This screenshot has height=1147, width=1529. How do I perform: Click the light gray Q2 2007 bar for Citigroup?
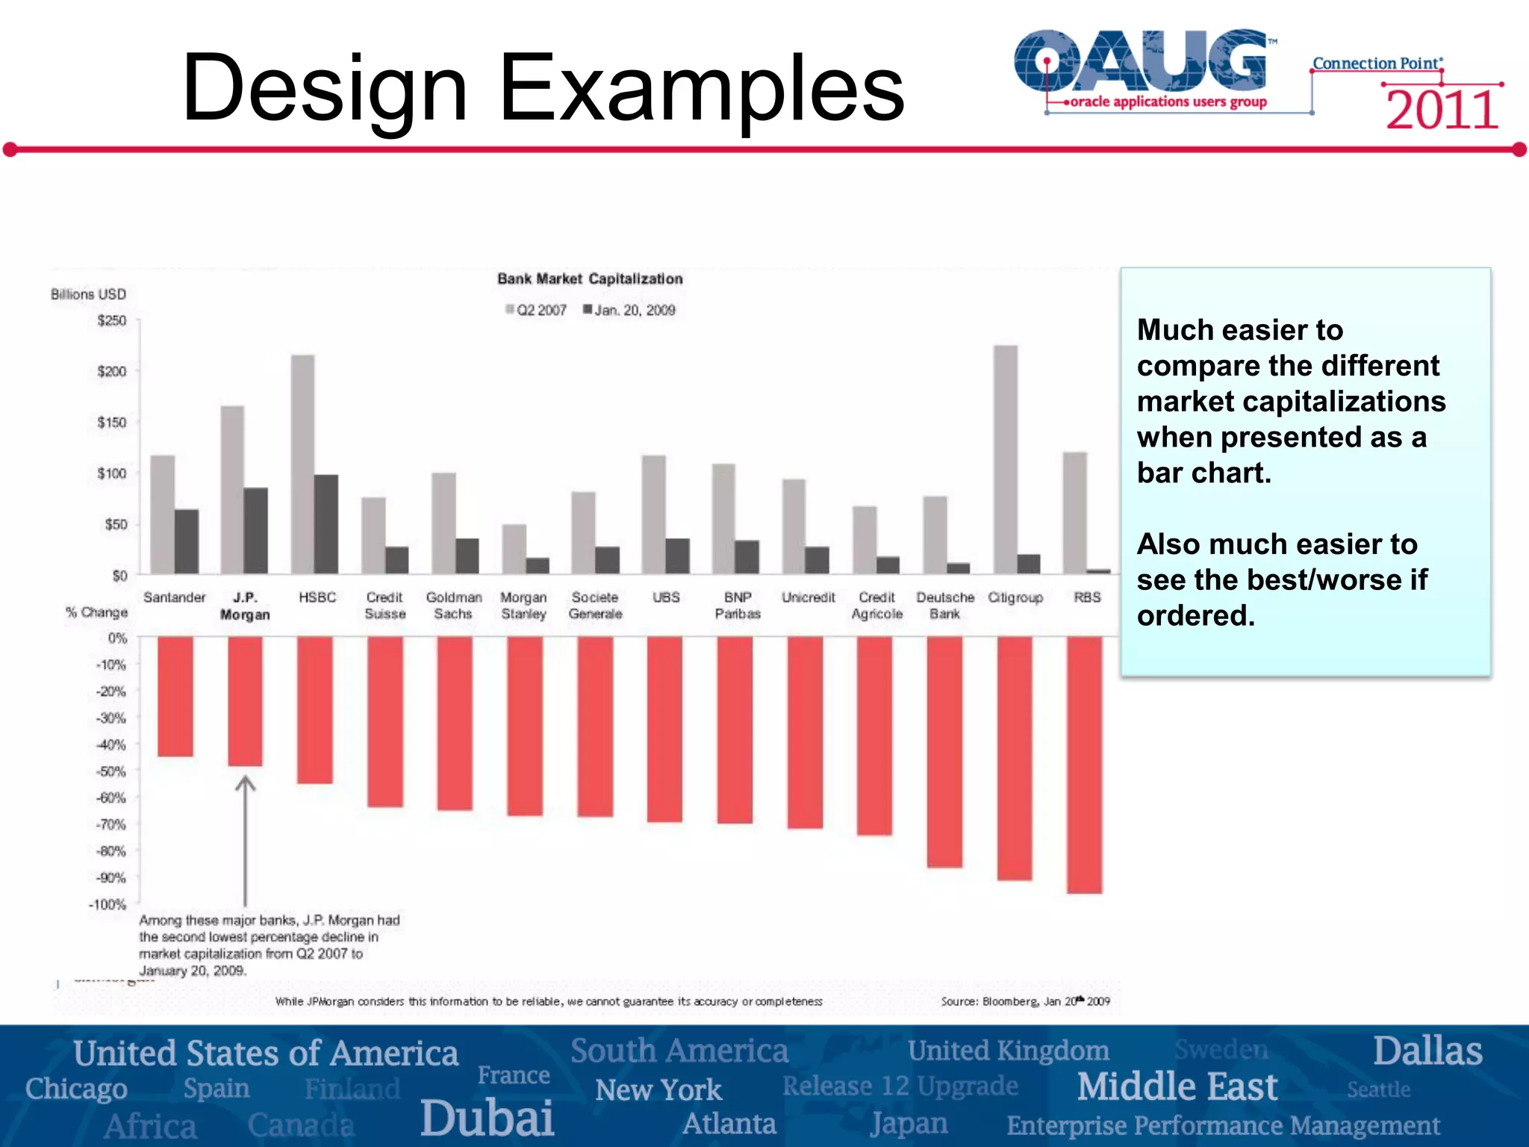1005,459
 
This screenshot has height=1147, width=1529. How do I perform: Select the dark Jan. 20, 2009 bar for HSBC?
326,524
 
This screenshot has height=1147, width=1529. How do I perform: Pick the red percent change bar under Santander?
175,696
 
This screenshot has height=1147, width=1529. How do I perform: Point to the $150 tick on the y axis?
112,423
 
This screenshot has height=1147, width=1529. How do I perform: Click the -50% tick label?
110,771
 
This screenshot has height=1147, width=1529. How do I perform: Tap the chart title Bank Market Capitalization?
590,279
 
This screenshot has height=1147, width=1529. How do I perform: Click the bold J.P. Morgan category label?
245,606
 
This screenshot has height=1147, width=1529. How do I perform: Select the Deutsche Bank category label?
944,606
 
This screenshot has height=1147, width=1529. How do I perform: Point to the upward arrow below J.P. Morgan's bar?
245,836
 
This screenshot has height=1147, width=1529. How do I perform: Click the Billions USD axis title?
88,294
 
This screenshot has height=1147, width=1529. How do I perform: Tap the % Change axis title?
96,612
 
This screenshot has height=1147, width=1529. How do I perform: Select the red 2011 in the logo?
1442,111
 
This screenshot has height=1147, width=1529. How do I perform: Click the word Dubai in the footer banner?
487,1118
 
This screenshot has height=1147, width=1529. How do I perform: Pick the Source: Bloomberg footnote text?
1024,1001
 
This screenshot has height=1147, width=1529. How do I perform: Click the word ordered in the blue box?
1195,615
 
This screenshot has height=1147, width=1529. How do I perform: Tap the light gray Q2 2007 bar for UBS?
654,515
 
